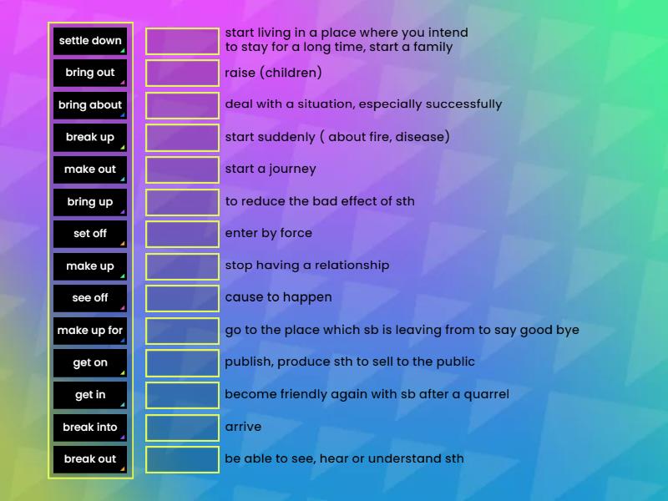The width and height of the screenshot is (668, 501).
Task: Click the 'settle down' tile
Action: coord(90,41)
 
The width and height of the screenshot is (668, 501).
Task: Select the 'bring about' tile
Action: coord(90,105)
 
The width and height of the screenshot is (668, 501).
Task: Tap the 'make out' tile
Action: coord(90,170)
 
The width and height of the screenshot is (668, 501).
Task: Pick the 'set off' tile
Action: coord(90,234)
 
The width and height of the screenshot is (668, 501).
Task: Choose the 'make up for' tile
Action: coord(90,331)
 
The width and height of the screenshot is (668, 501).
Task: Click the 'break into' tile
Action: coord(90,428)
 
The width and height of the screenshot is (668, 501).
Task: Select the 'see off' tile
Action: coord(90,298)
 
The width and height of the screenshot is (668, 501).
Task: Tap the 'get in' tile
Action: coord(90,395)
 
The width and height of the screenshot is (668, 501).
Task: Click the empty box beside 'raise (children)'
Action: coord(182,73)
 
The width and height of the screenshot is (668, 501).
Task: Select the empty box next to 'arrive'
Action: coord(182,428)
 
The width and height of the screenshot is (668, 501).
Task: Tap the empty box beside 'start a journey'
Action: coord(182,170)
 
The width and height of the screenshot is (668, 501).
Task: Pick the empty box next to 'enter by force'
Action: coord(182,234)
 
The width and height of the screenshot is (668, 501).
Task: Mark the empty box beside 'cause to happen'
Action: coord(182,298)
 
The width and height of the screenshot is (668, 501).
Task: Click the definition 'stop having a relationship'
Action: coord(306,266)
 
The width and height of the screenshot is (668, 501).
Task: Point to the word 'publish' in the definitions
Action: coord(248,362)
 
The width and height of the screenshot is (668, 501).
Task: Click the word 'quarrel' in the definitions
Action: coord(481,394)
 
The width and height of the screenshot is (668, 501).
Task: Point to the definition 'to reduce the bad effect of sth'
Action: coord(319,201)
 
